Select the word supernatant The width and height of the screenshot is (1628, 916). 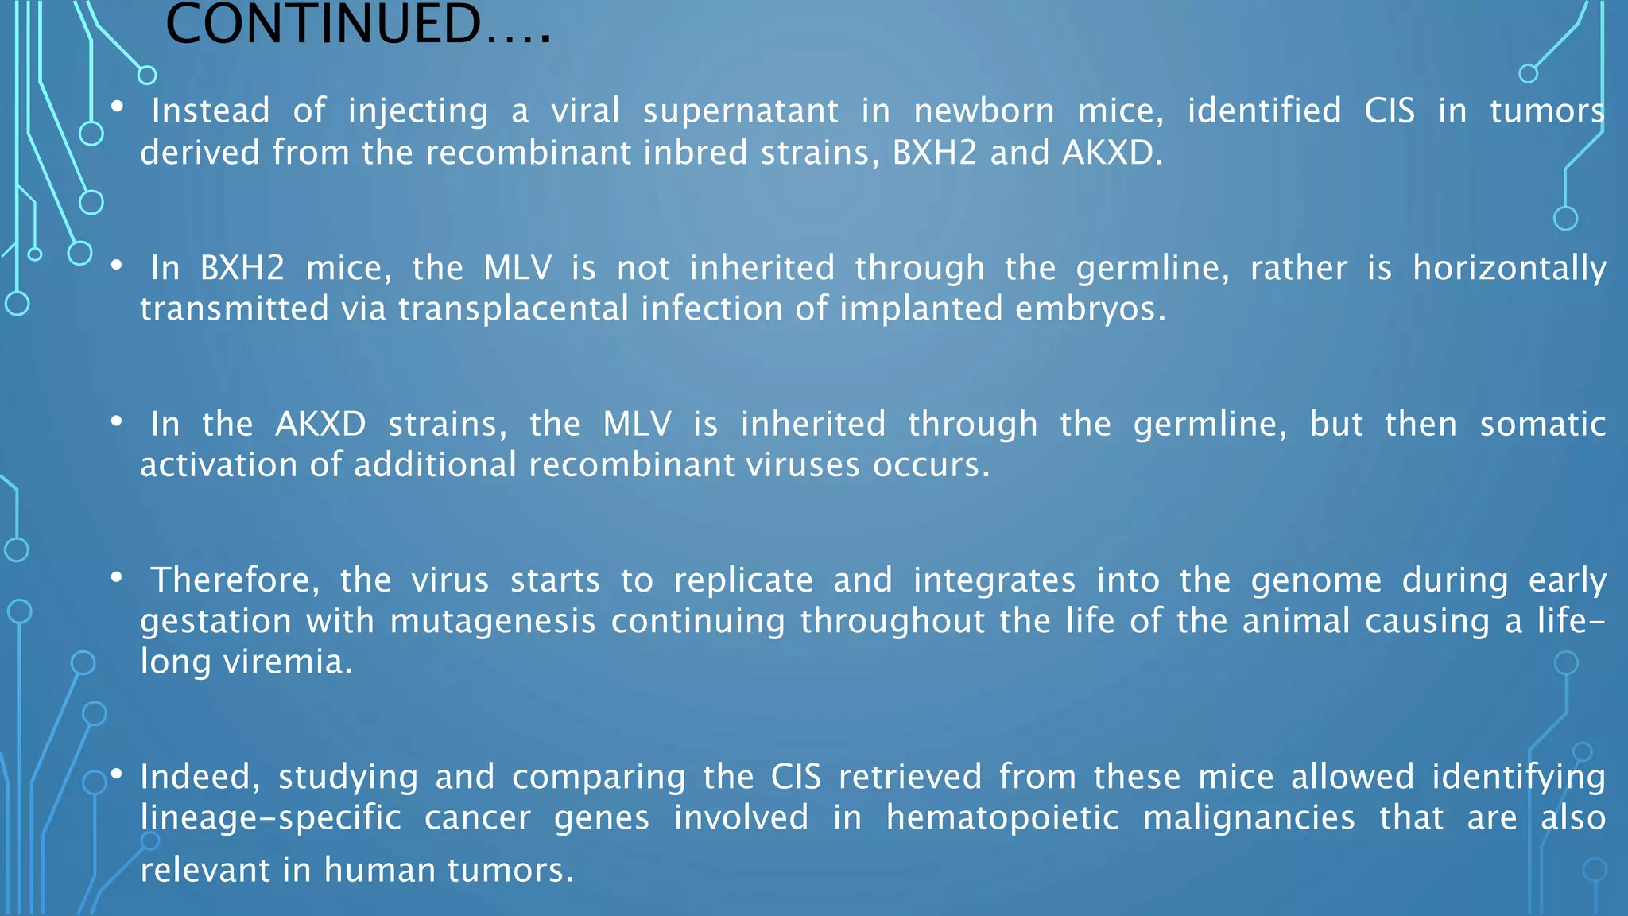[x=740, y=111]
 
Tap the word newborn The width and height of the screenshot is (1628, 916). [x=983, y=111]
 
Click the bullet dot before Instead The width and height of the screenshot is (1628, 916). [x=118, y=106]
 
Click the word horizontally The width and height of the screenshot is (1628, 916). [x=1509, y=268]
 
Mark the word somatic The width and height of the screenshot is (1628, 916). [x=1542, y=424]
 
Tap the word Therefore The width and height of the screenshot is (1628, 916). [x=235, y=580]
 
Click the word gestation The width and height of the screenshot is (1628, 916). [x=216, y=621]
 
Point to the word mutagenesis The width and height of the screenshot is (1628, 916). [x=493, y=621]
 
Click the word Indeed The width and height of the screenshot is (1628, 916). [x=200, y=777]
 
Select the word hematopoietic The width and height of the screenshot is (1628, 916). [x=1002, y=818]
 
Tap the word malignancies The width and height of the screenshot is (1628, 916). [x=1249, y=818]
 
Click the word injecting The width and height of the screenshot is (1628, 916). [x=418, y=111]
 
